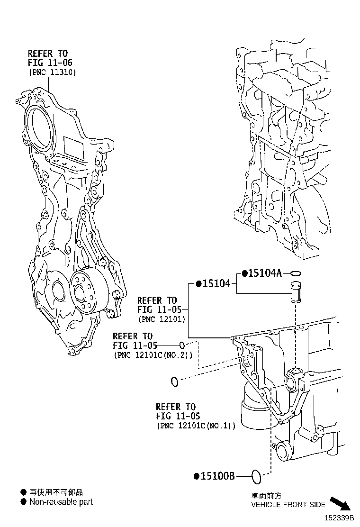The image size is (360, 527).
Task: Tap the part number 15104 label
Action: [216, 283]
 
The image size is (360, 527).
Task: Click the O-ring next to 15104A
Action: [296, 273]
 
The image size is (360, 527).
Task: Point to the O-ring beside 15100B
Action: [256, 477]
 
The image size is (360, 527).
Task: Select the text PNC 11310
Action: [52, 72]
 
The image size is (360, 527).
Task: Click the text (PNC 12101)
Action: [161, 319]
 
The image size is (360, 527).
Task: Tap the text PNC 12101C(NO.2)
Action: [153, 354]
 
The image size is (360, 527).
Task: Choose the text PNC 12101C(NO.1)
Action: [196, 426]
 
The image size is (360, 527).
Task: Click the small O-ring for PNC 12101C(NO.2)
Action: [182, 345]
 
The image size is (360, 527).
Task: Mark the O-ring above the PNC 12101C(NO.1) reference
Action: [174, 381]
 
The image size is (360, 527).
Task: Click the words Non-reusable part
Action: [61, 502]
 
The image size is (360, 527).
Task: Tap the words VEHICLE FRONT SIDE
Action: [288, 505]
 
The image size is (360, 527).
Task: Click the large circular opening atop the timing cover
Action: [39, 124]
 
